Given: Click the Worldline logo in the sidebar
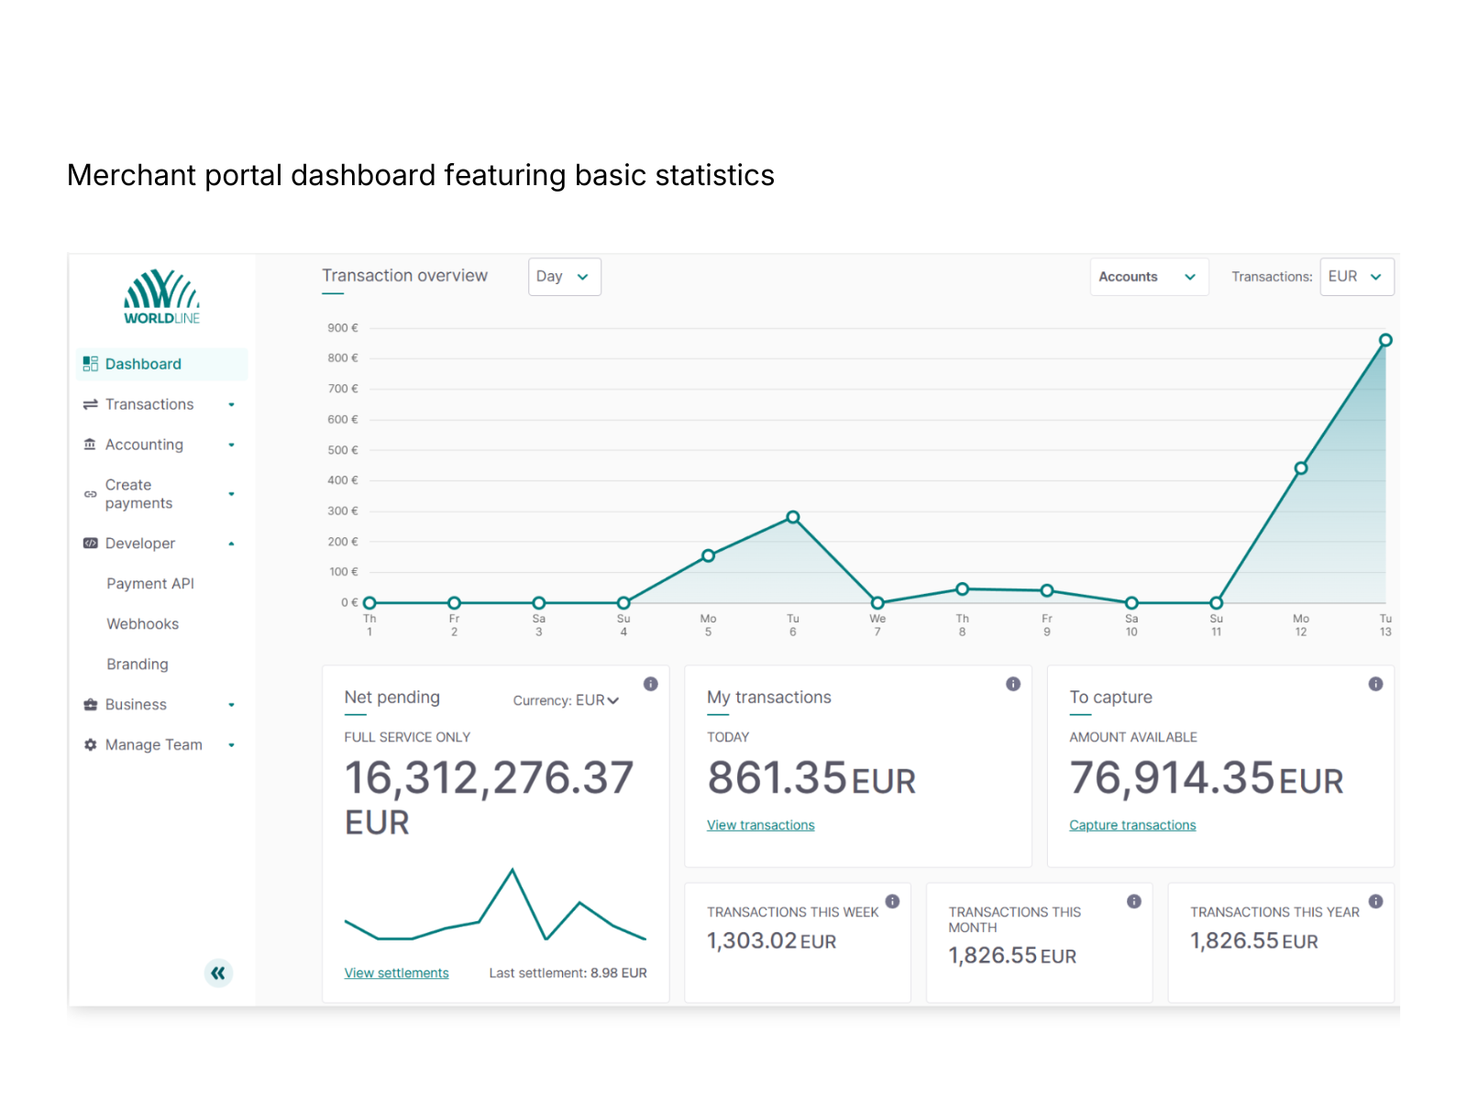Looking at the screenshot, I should (x=161, y=297).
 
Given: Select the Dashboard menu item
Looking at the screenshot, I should (x=143, y=364).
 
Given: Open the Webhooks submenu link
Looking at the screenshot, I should (x=142, y=624).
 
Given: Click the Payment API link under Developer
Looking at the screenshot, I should (x=150, y=584).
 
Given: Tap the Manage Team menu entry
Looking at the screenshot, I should (x=153, y=745).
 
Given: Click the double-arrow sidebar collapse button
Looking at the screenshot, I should (x=218, y=973).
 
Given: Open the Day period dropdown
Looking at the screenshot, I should (x=564, y=277).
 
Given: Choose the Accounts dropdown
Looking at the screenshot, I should (x=1148, y=277).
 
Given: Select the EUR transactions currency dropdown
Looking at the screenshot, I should (x=1356, y=277).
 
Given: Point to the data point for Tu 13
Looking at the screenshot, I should (x=1385, y=340).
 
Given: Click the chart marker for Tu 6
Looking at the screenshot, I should (x=793, y=517).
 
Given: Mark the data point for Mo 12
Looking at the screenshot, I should (x=1300, y=468).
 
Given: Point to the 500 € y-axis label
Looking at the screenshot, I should (x=343, y=450).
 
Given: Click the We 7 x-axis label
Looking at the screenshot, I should (x=877, y=625).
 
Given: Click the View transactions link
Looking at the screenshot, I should (x=760, y=825).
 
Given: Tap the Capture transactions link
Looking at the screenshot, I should (x=1132, y=825).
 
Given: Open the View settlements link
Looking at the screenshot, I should (x=396, y=973).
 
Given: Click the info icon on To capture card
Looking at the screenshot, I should (x=1375, y=684).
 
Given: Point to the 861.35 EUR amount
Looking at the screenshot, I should (x=811, y=778).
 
